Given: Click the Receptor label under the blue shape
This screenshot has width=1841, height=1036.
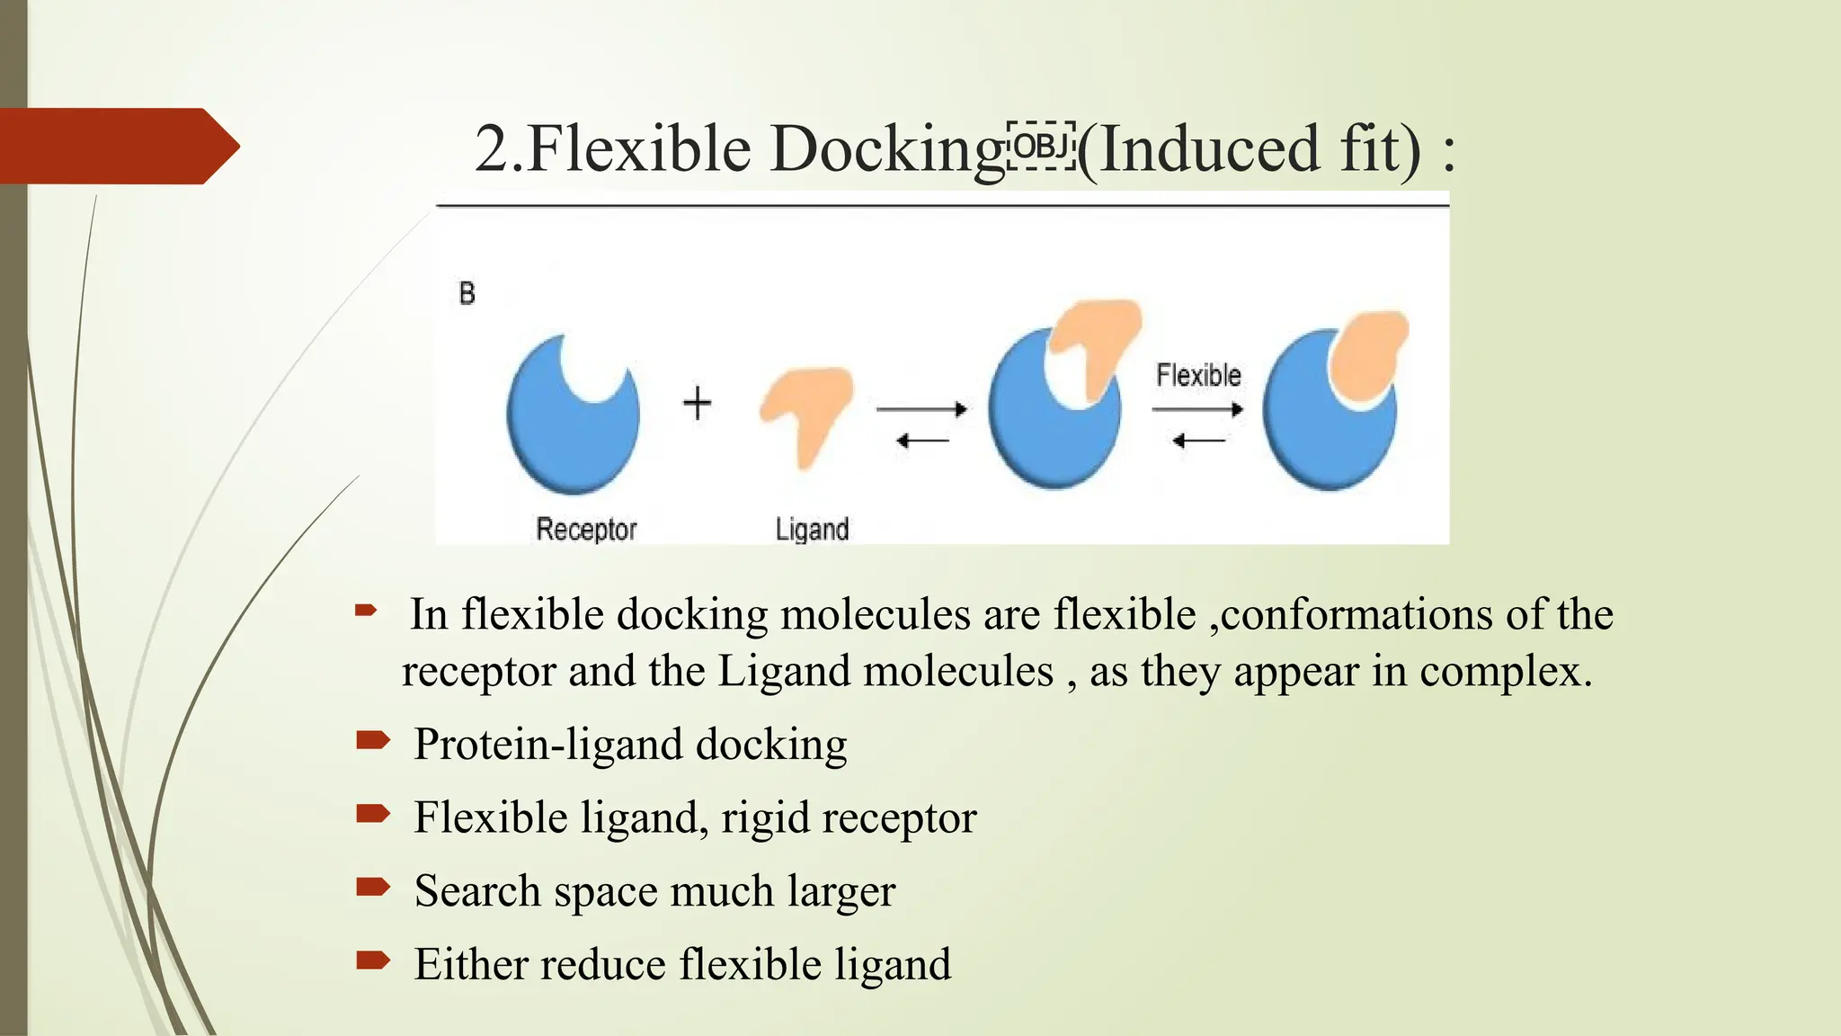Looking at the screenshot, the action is tap(586, 529).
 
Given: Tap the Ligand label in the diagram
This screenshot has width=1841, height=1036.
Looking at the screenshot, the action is tap(812, 529).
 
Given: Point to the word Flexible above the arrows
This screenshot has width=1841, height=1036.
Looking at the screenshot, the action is tap(1198, 375).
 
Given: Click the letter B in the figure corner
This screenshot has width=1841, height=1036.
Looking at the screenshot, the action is tap(467, 293).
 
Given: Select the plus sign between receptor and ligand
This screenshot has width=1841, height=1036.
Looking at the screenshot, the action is tap(697, 402).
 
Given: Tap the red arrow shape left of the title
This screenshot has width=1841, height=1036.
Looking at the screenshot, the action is tap(117, 146).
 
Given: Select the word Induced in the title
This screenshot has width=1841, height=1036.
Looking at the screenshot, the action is tap(1210, 149).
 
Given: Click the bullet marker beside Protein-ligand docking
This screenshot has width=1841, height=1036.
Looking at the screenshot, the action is tap(372, 741).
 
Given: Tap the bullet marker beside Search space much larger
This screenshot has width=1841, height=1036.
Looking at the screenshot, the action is tap(372, 888).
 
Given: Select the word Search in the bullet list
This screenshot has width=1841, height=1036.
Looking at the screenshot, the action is tap(477, 891).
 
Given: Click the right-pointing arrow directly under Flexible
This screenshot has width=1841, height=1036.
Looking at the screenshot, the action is tap(1197, 410).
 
